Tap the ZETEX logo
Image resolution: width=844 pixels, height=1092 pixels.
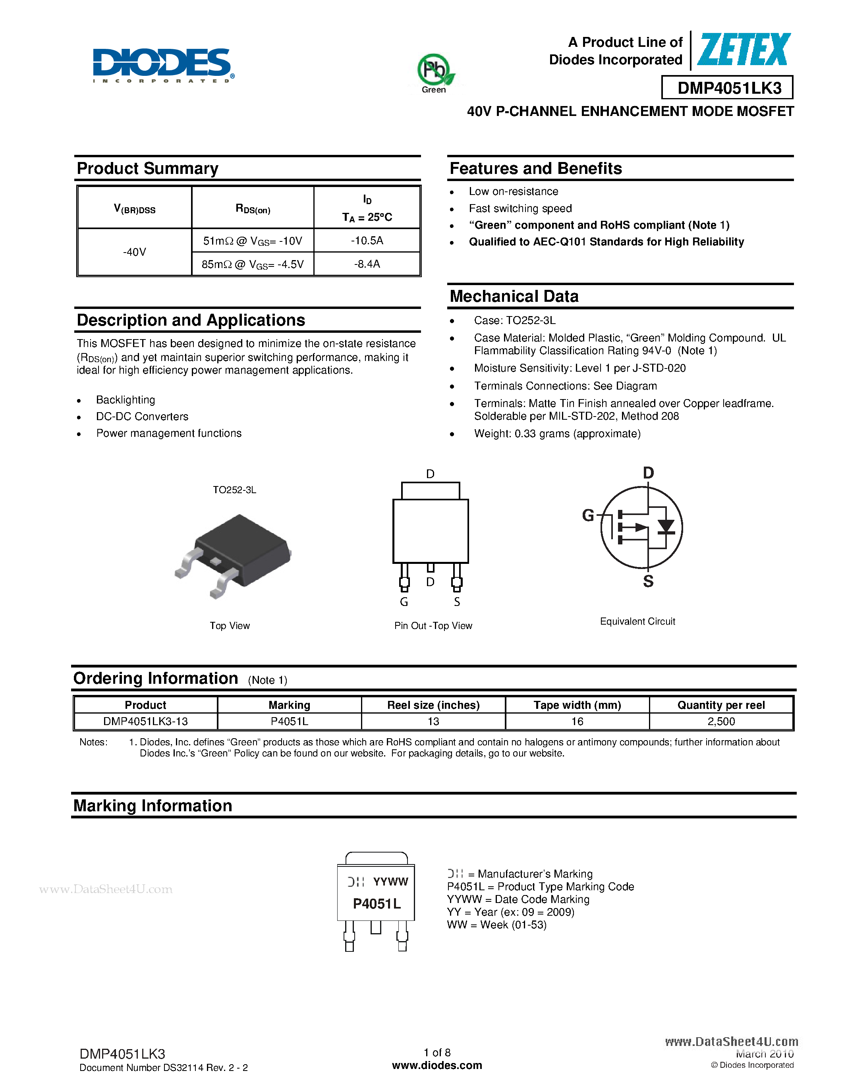tap(744, 50)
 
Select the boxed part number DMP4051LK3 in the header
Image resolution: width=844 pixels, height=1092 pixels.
tap(728, 88)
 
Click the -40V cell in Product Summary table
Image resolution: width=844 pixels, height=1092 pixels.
tap(135, 252)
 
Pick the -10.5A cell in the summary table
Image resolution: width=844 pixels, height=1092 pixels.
tap(367, 241)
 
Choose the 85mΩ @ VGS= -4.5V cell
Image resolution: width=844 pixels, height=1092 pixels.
tap(253, 264)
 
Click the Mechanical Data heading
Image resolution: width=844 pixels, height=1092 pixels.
tap(514, 296)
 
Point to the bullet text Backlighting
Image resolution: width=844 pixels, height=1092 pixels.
tap(126, 400)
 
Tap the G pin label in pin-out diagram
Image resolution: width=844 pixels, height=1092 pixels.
tap(404, 602)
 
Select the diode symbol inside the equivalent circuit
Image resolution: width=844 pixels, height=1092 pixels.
tap(666, 527)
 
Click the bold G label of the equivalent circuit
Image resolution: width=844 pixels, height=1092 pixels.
tap(588, 515)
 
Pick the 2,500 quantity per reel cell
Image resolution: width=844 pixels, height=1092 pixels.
tap(721, 722)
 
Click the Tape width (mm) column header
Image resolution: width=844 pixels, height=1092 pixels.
tap(577, 705)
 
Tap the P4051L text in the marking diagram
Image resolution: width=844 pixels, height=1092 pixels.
tap(377, 903)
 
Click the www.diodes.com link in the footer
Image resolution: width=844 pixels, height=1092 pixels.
tap(437, 1065)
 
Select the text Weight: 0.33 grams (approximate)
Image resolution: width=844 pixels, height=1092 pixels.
tap(557, 434)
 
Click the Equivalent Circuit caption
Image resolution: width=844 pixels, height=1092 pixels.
tap(637, 621)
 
